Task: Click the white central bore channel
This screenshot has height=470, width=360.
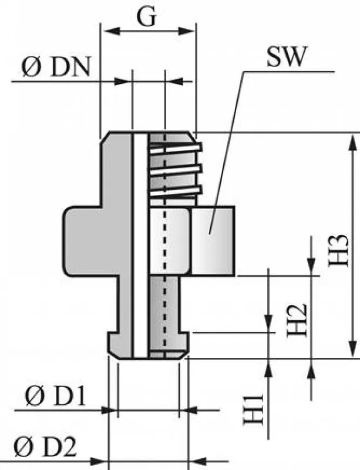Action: click(x=140, y=247)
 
